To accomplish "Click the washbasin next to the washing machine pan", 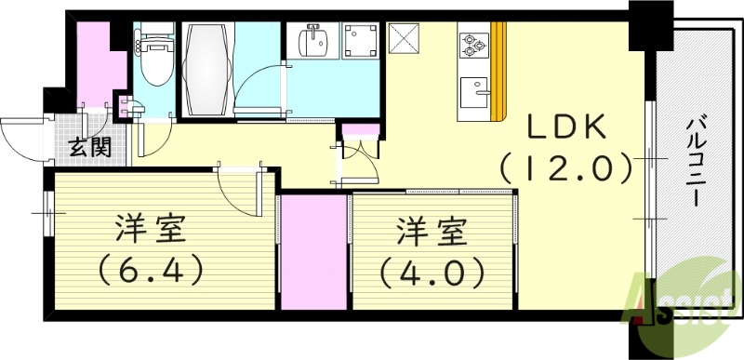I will (x=312, y=42).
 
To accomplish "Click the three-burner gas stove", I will (x=473, y=43).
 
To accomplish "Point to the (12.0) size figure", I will (x=566, y=168).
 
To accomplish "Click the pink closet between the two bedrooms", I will (x=312, y=251).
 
